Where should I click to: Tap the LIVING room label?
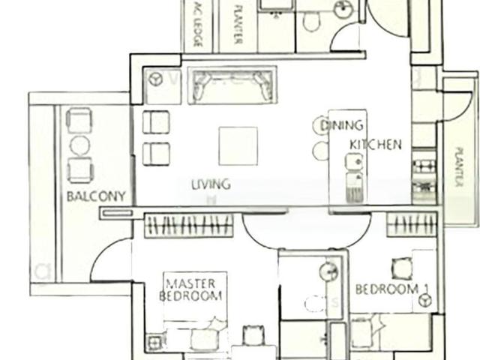210,184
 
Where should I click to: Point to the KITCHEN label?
375,144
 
